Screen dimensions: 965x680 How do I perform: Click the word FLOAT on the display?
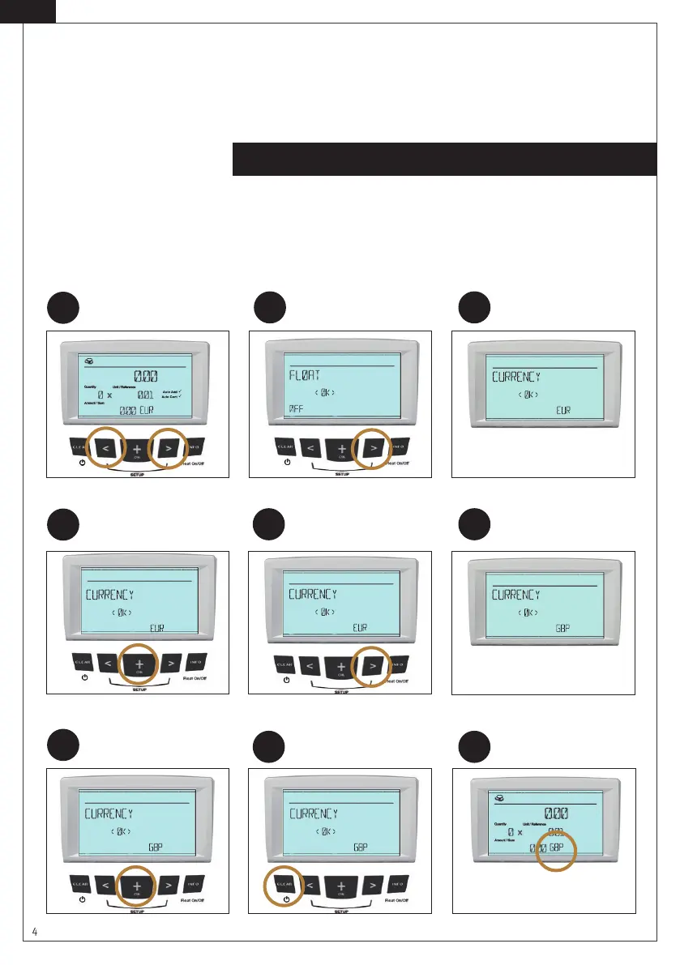tap(306, 376)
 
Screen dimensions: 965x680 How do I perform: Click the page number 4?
tap(35, 932)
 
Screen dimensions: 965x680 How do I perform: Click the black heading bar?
tap(444, 159)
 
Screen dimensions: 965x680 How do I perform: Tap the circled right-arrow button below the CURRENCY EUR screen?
tap(374, 663)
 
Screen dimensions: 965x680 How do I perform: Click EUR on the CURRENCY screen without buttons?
tap(563, 410)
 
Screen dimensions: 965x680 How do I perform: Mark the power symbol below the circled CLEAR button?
tap(286, 900)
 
